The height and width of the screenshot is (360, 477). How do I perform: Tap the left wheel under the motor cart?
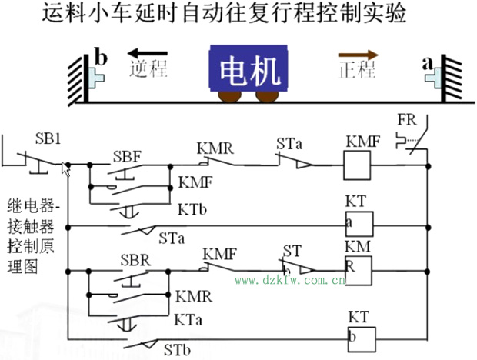tap(229, 96)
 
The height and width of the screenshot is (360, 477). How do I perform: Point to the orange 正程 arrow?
tap(358, 55)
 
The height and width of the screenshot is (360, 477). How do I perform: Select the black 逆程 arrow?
tap(146, 55)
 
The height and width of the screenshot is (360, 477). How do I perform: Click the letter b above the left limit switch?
tap(101, 56)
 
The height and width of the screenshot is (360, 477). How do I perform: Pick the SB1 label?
tap(48, 139)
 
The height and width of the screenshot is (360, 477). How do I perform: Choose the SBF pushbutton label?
tap(127, 156)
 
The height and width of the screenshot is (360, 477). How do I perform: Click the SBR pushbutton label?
tap(135, 258)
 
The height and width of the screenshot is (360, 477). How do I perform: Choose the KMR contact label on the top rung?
tap(215, 146)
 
